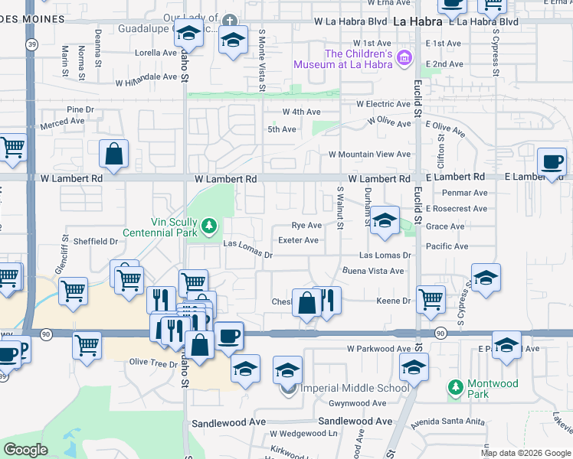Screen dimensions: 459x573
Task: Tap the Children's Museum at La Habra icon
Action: point(406,59)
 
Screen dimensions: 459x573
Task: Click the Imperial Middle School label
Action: point(354,388)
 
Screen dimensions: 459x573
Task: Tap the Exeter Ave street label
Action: point(299,240)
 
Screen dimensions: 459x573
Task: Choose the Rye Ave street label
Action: point(306,226)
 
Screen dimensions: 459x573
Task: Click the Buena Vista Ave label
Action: point(373,271)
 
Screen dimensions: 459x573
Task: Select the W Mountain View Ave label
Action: point(369,155)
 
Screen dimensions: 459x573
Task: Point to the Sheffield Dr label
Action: point(96,241)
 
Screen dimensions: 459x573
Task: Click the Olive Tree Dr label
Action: point(153,363)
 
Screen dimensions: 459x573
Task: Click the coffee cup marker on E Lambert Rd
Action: point(552,162)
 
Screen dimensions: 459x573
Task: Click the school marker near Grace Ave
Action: point(385,220)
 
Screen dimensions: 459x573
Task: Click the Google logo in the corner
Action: point(25,450)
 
